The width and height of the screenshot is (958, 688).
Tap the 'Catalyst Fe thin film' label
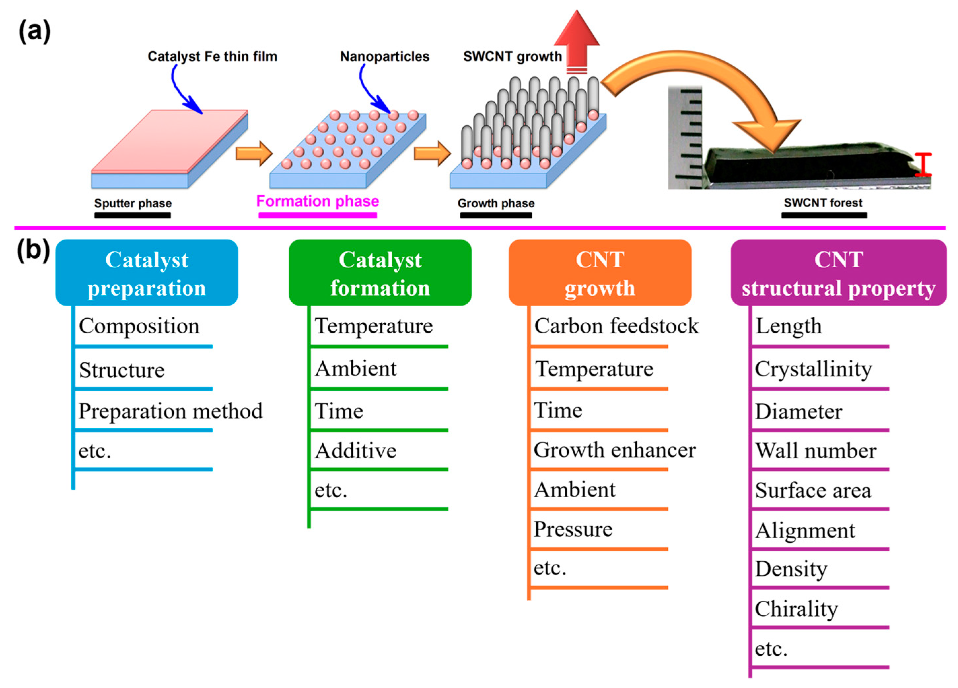click(x=212, y=56)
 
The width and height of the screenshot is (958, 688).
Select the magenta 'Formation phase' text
click(x=318, y=201)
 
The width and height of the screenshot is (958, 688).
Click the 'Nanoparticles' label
click(x=384, y=56)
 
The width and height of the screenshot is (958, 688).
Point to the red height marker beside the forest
click(x=923, y=165)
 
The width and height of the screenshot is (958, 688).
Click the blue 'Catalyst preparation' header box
click(x=147, y=273)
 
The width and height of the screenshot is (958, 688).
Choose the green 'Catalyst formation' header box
click(x=380, y=273)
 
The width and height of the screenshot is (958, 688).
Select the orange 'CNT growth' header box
click(x=600, y=273)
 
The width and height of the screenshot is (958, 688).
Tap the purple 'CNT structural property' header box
click(x=838, y=273)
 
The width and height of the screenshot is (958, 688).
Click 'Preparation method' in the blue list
click(x=170, y=411)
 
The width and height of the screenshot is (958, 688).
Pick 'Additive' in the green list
click(x=356, y=450)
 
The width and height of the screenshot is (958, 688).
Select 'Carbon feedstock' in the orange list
click(x=616, y=326)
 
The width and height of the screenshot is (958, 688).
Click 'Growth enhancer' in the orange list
click(x=615, y=450)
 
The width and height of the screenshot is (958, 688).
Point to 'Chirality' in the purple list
click(x=796, y=609)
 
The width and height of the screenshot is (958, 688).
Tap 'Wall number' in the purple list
click(x=815, y=450)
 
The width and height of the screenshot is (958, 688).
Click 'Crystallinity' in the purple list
click(x=813, y=369)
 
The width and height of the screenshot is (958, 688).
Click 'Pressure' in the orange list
click(x=572, y=529)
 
